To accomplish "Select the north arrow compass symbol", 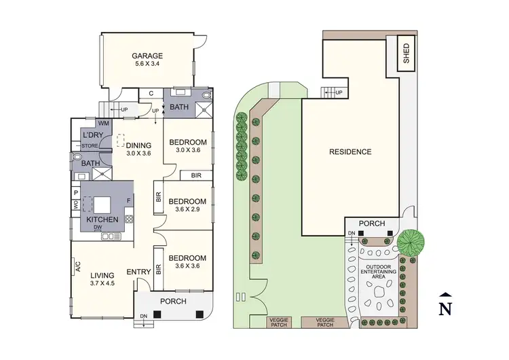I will click(x=445, y=305).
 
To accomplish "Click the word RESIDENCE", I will click(x=350, y=151).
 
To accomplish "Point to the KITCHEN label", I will click(x=102, y=219).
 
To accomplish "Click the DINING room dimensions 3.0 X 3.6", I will click(x=138, y=154).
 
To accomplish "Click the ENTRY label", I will click(x=138, y=272).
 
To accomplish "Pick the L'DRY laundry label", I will click(x=92, y=135).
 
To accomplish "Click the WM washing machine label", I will click(x=103, y=123).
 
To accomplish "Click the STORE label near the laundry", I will click(x=90, y=145).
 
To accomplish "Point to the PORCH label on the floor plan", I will click(x=172, y=301).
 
